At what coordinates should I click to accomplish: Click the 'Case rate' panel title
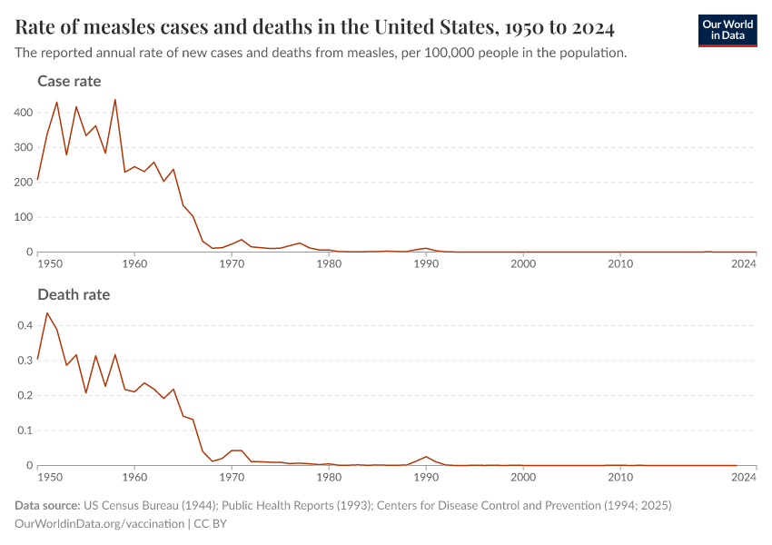tap(69, 82)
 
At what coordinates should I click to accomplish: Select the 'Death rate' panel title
tap(74, 295)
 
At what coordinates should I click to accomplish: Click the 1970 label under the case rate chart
tap(232, 264)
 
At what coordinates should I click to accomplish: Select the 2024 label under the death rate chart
tap(744, 477)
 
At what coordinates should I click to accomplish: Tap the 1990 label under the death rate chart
tap(426, 477)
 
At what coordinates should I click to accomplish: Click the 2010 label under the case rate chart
tap(620, 264)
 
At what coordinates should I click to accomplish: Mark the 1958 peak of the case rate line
tap(114, 99)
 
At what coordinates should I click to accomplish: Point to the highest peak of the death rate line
tap(47, 313)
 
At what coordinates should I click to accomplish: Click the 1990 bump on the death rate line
tap(426, 457)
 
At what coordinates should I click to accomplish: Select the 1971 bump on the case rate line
tap(242, 240)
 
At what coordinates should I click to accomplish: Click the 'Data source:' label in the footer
tap(47, 505)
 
